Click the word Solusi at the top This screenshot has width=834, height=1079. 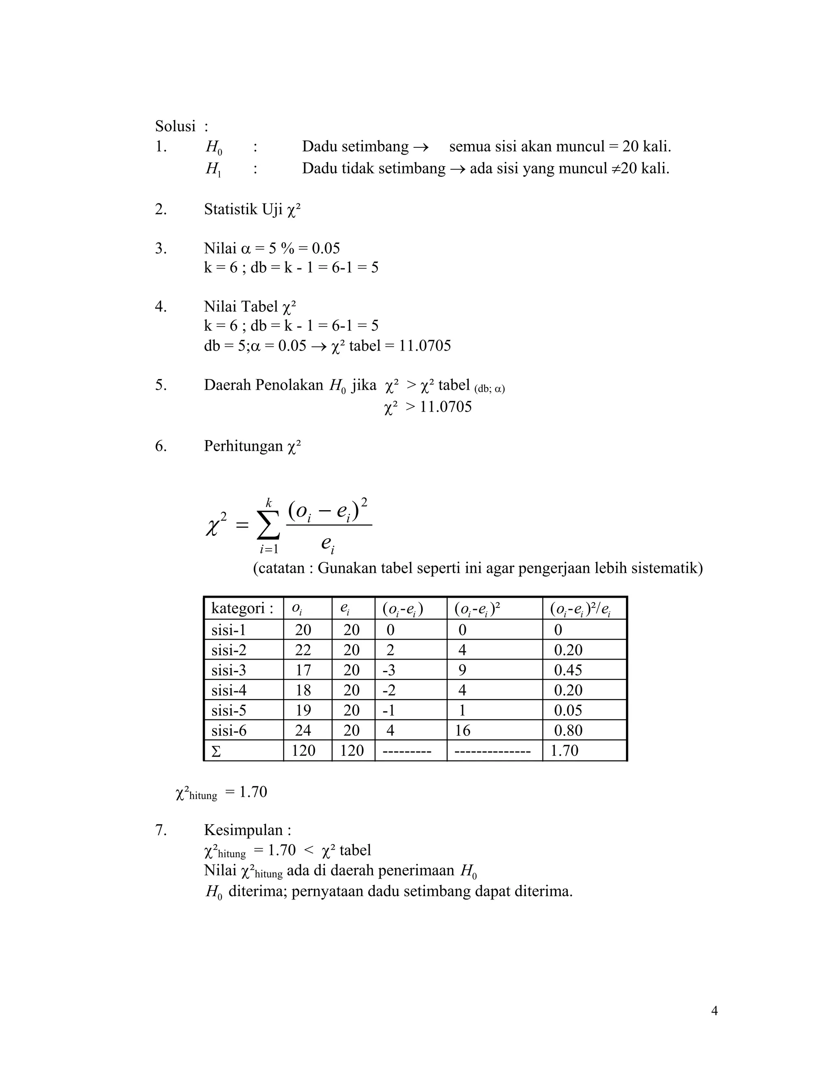(175, 127)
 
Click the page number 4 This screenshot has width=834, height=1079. (714, 1011)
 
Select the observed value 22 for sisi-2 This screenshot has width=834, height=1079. (303, 650)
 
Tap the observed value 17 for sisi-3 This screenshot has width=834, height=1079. (303, 671)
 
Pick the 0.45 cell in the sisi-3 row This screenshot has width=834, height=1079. (568, 671)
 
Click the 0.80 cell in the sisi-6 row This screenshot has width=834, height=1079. (568, 731)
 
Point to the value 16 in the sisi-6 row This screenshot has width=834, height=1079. (463, 731)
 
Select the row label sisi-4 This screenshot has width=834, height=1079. (228, 691)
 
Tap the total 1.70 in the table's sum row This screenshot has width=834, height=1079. (564, 751)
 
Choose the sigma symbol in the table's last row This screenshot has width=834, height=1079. (216, 752)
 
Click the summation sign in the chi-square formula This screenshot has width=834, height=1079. (268, 526)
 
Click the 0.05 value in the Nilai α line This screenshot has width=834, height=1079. (326, 248)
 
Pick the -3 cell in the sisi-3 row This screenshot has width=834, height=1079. (388, 671)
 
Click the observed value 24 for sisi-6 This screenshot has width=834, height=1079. (303, 731)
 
